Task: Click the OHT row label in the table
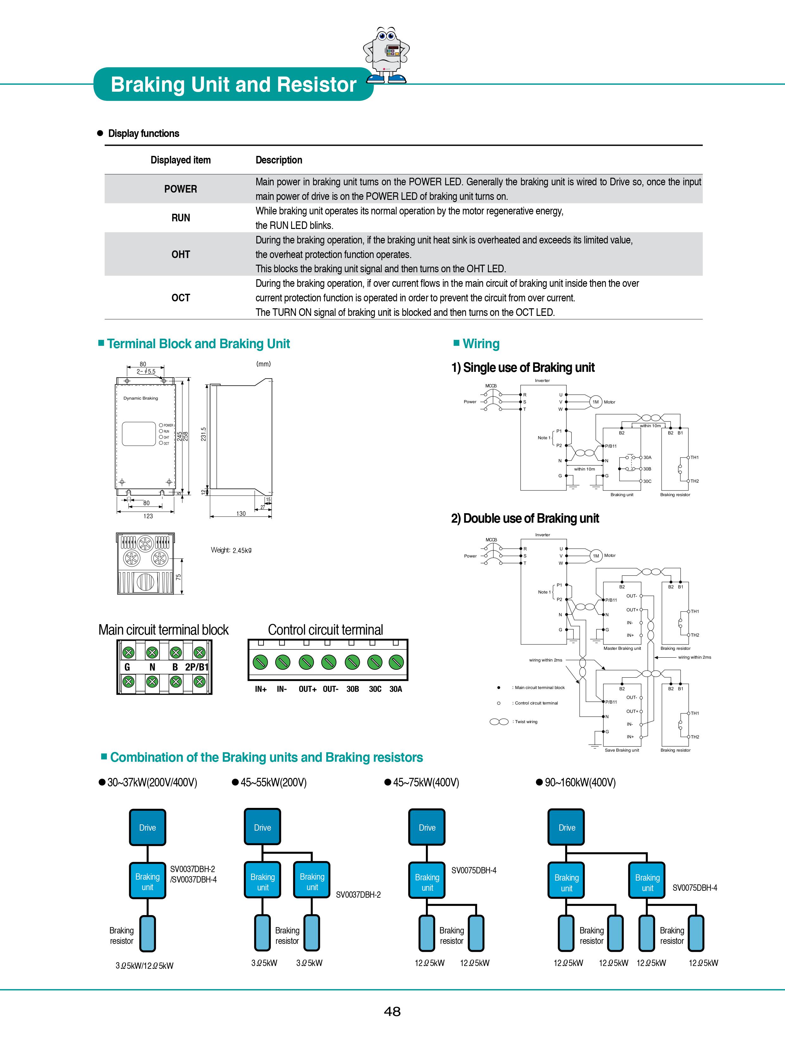181,255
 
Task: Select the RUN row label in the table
181,218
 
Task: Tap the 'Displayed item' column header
181,160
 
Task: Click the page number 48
392,1012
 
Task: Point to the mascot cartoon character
386,55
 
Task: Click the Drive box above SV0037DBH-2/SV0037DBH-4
148,828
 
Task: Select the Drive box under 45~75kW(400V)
427,828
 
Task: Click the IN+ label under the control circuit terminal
261,689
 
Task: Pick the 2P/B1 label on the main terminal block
197,667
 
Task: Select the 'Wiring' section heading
481,344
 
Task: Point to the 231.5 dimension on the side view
203,434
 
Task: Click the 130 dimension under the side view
241,514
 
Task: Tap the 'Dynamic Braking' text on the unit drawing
140,398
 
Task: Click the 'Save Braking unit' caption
622,750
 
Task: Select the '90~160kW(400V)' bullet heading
580,783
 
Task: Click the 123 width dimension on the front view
148,516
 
